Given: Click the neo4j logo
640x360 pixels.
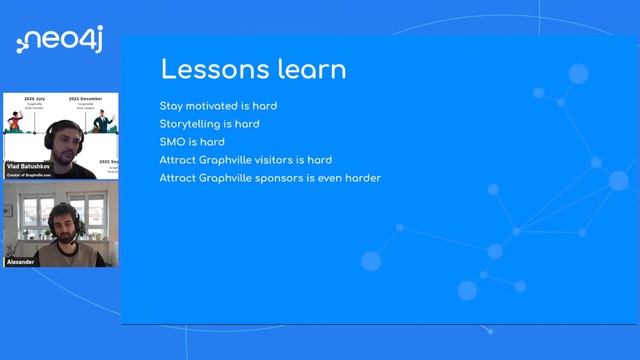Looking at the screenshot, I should tap(59, 41).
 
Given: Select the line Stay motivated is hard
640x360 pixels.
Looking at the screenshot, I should tap(218, 106).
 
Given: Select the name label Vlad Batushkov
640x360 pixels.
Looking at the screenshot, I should tap(28, 165).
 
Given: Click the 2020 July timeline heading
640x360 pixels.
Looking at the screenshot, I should tap(30, 100).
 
